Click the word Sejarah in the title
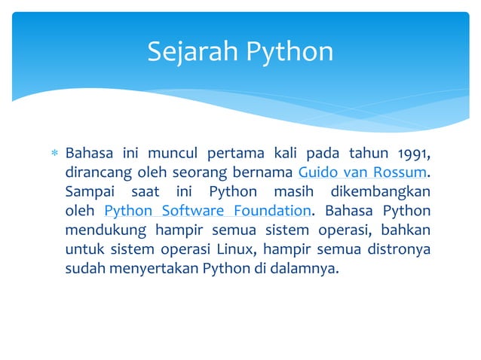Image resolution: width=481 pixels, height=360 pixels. click(x=191, y=51)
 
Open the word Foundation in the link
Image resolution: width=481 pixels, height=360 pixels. click(x=270, y=211)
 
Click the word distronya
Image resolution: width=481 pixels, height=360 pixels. click(x=399, y=249)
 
